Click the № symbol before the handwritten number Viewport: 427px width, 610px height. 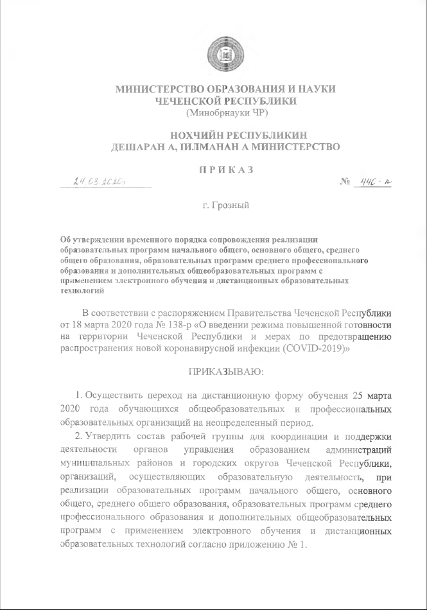click(344, 182)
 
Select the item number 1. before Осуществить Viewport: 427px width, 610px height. click(80, 394)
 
